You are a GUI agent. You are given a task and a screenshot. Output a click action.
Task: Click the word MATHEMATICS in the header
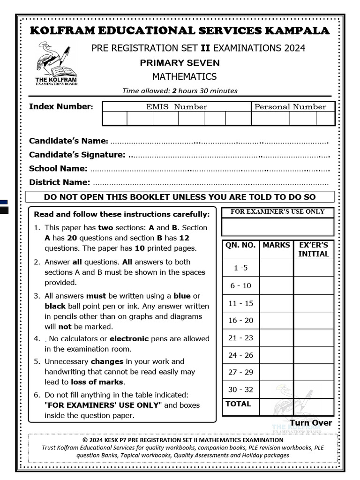click(184, 76)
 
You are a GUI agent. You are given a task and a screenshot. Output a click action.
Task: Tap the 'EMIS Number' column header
click(177, 107)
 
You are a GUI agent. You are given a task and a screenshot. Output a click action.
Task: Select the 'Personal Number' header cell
click(290, 107)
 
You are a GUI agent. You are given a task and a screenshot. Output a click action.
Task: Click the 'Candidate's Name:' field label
click(68, 141)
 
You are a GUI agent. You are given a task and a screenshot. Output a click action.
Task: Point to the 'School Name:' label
click(58, 168)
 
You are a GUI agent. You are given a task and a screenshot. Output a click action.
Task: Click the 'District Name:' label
click(60, 182)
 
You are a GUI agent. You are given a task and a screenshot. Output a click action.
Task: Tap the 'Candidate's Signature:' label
click(77, 155)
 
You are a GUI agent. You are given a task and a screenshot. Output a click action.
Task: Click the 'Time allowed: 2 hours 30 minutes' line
click(180, 91)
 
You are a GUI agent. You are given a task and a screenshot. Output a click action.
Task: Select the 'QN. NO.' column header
click(240, 245)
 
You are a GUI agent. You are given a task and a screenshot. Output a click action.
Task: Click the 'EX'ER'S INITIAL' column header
click(314, 249)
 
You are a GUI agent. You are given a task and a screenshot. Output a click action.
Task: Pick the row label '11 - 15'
click(240, 303)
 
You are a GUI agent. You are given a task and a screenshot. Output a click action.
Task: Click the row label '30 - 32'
click(240, 390)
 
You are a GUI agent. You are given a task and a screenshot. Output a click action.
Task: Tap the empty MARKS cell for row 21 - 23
click(277, 338)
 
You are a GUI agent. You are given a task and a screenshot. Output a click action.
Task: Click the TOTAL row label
click(238, 404)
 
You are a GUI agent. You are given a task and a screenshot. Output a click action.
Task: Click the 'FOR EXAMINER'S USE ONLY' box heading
click(277, 212)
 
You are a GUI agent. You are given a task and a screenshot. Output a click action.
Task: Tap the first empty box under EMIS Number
click(115, 119)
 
